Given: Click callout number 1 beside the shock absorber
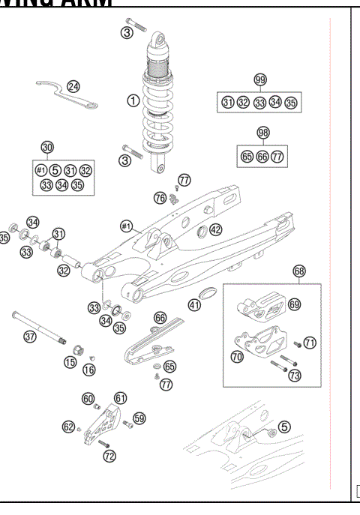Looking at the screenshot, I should coord(133,100).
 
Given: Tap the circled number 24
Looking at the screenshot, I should coord(73,86).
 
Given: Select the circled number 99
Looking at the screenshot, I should coord(260,80).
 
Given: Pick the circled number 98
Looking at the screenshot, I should coord(262,132).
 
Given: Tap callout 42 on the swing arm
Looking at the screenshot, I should coord(215,229).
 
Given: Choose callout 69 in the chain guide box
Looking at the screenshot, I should coord(294,304).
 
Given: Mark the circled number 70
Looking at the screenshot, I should coord(237,358).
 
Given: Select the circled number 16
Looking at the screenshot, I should coord(89,369).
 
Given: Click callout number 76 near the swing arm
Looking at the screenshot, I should coord(160,198).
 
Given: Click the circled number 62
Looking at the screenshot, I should coord(68,427).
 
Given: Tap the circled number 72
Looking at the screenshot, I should coord(110,455).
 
